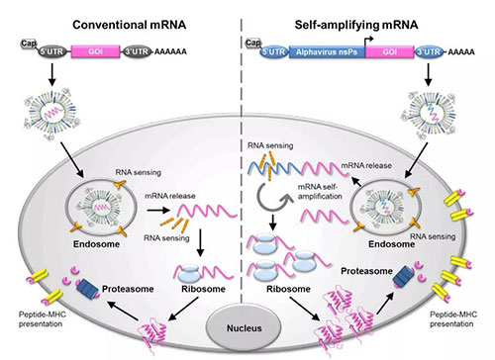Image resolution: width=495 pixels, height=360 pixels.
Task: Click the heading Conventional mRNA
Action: (x=130, y=25)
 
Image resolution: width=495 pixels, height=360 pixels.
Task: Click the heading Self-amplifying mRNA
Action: (x=356, y=25)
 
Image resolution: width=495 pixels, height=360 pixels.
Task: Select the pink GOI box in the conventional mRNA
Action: (x=95, y=51)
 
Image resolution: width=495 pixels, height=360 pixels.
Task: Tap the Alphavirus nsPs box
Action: (x=327, y=51)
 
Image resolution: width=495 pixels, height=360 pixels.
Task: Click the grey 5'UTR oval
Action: (x=51, y=51)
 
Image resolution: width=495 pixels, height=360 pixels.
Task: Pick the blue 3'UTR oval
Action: (x=429, y=51)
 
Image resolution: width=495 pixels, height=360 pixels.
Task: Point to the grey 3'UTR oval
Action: (x=138, y=51)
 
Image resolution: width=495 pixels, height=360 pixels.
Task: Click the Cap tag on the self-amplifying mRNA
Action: (x=253, y=43)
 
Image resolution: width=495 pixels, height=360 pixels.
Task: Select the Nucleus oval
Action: (x=244, y=327)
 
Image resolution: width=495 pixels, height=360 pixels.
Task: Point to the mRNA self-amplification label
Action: (x=320, y=192)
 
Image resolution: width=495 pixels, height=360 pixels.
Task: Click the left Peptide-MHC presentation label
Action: (x=42, y=318)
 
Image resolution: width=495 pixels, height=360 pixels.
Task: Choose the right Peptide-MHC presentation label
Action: (x=453, y=318)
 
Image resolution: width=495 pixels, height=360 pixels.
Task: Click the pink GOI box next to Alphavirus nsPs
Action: (x=390, y=51)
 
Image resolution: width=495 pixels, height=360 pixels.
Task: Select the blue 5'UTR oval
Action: (x=274, y=51)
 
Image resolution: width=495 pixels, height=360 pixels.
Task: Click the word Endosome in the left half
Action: (x=96, y=244)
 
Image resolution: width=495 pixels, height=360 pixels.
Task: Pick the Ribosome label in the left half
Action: (x=203, y=289)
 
